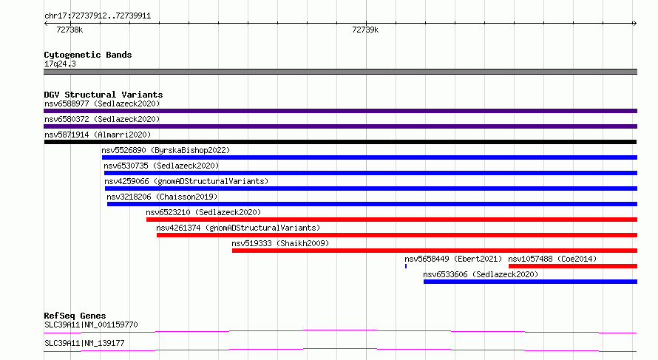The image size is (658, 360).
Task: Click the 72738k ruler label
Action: (69, 30)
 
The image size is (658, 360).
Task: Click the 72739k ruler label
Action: (365, 30)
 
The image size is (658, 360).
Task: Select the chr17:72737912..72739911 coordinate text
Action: (98, 16)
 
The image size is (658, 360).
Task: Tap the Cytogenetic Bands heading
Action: (88, 55)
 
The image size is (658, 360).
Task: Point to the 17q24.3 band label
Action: (60, 64)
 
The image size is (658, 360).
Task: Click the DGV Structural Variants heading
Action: (104, 95)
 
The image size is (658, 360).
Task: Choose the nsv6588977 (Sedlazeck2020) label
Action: (102, 103)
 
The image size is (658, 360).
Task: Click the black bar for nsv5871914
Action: (340, 142)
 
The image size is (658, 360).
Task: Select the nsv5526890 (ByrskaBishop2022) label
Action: (166, 150)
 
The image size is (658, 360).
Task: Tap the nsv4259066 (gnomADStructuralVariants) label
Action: (186, 181)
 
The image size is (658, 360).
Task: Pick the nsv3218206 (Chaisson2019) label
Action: (162, 197)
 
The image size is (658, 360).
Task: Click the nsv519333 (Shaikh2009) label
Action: (280, 243)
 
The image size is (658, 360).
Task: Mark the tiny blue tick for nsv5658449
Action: (406, 266)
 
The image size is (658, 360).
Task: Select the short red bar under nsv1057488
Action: (573, 266)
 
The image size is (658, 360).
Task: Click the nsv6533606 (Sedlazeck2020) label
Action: (481, 274)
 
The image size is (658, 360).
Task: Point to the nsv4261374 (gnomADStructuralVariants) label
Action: (238, 228)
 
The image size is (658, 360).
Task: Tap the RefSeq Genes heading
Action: (75, 316)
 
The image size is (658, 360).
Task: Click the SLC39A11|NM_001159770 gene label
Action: (91, 325)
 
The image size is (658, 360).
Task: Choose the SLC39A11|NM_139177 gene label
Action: (84, 343)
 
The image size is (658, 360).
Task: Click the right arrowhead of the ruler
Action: (635, 24)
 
